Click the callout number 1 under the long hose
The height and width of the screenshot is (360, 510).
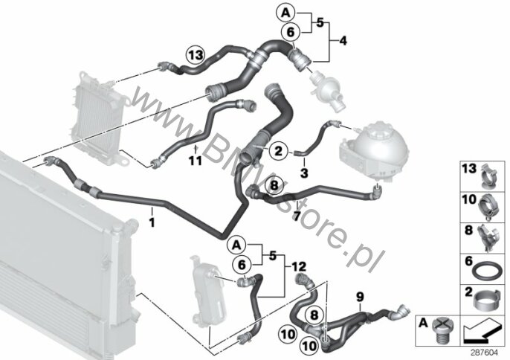click(x=152, y=222)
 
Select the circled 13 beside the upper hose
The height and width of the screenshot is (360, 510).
click(x=196, y=55)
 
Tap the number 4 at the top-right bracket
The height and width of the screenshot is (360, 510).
click(x=343, y=41)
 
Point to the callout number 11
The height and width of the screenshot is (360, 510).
click(x=196, y=161)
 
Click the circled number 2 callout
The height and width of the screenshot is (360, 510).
click(x=278, y=151)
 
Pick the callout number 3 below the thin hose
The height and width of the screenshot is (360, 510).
click(x=304, y=173)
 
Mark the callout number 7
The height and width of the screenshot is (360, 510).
click(x=297, y=216)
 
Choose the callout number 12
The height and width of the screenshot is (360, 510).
click(x=299, y=267)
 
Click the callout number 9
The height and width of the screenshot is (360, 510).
click(x=360, y=297)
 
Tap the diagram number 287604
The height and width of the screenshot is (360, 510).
click(x=485, y=353)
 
